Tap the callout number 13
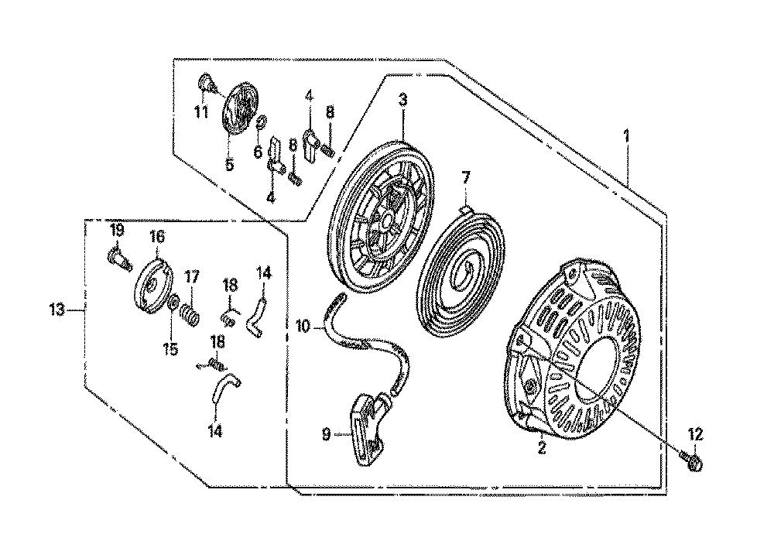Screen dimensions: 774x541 (57, 310)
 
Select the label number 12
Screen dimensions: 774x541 (694, 435)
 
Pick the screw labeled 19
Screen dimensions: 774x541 (118, 259)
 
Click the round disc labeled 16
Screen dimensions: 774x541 (154, 286)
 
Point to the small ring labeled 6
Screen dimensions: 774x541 (262, 121)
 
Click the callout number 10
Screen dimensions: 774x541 (303, 327)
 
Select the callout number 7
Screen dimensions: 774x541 (466, 177)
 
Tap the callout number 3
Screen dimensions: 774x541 (402, 100)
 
